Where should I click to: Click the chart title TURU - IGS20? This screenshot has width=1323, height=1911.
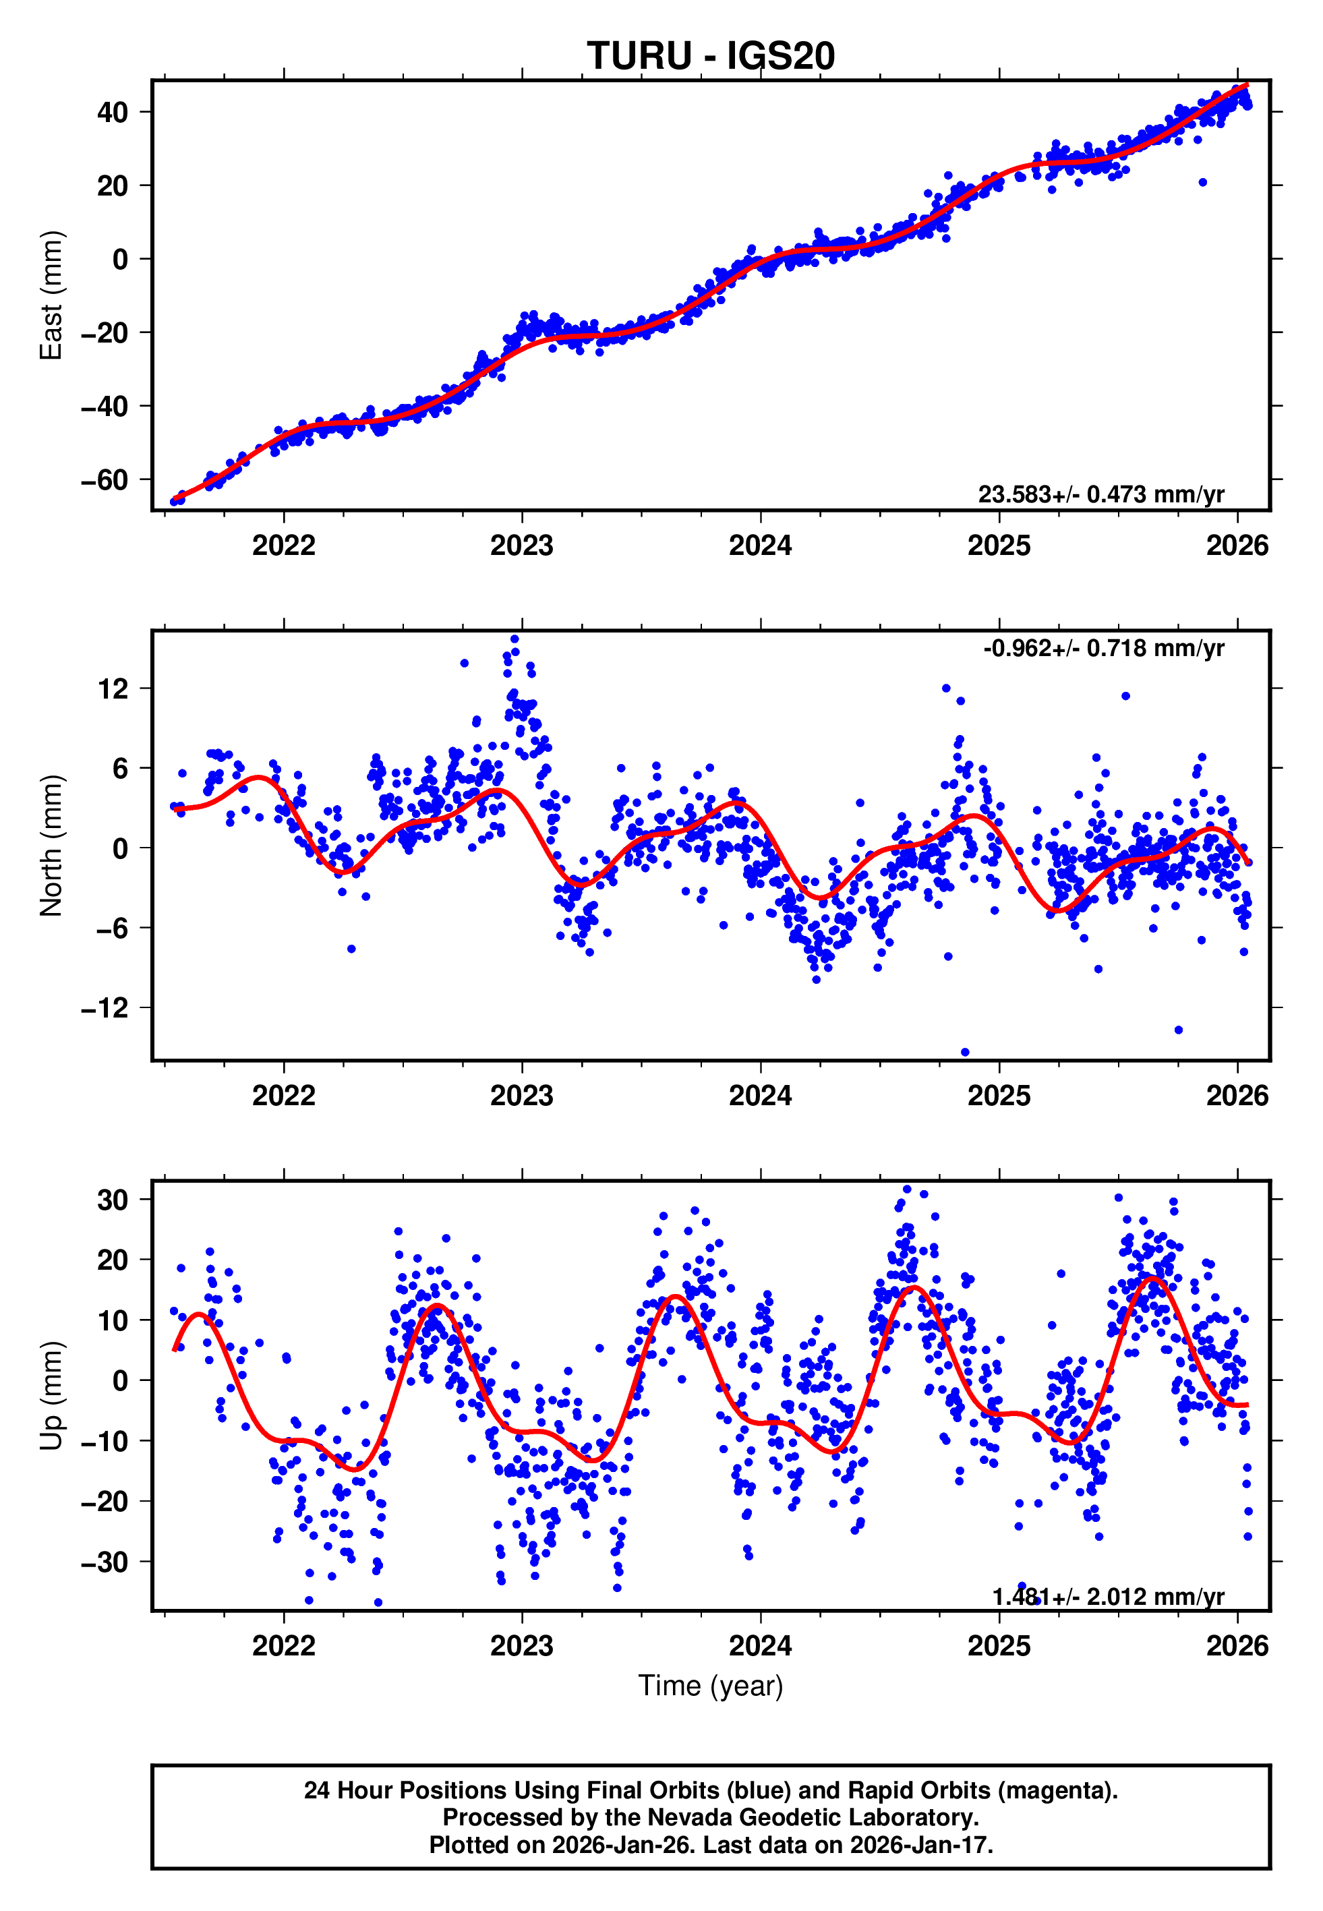(x=711, y=57)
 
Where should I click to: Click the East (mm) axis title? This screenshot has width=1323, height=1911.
(x=51, y=295)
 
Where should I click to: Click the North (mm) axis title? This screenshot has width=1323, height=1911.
(x=51, y=846)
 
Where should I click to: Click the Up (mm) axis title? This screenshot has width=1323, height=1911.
(x=51, y=1396)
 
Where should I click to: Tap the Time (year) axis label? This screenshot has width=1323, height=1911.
(x=711, y=1686)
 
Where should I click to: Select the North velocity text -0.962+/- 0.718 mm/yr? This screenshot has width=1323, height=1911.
(x=1103, y=648)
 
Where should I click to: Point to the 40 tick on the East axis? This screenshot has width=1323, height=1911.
(x=112, y=112)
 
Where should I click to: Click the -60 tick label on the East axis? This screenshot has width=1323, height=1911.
(x=105, y=480)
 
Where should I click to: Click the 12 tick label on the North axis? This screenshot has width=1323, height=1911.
(x=113, y=688)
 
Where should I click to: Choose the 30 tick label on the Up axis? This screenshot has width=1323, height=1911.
(x=112, y=1200)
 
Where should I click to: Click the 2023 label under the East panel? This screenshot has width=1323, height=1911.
(x=521, y=546)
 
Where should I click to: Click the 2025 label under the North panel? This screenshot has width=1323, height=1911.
(x=999, y=1096)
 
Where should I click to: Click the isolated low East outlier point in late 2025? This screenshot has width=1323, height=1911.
(x=1202, y=182)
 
